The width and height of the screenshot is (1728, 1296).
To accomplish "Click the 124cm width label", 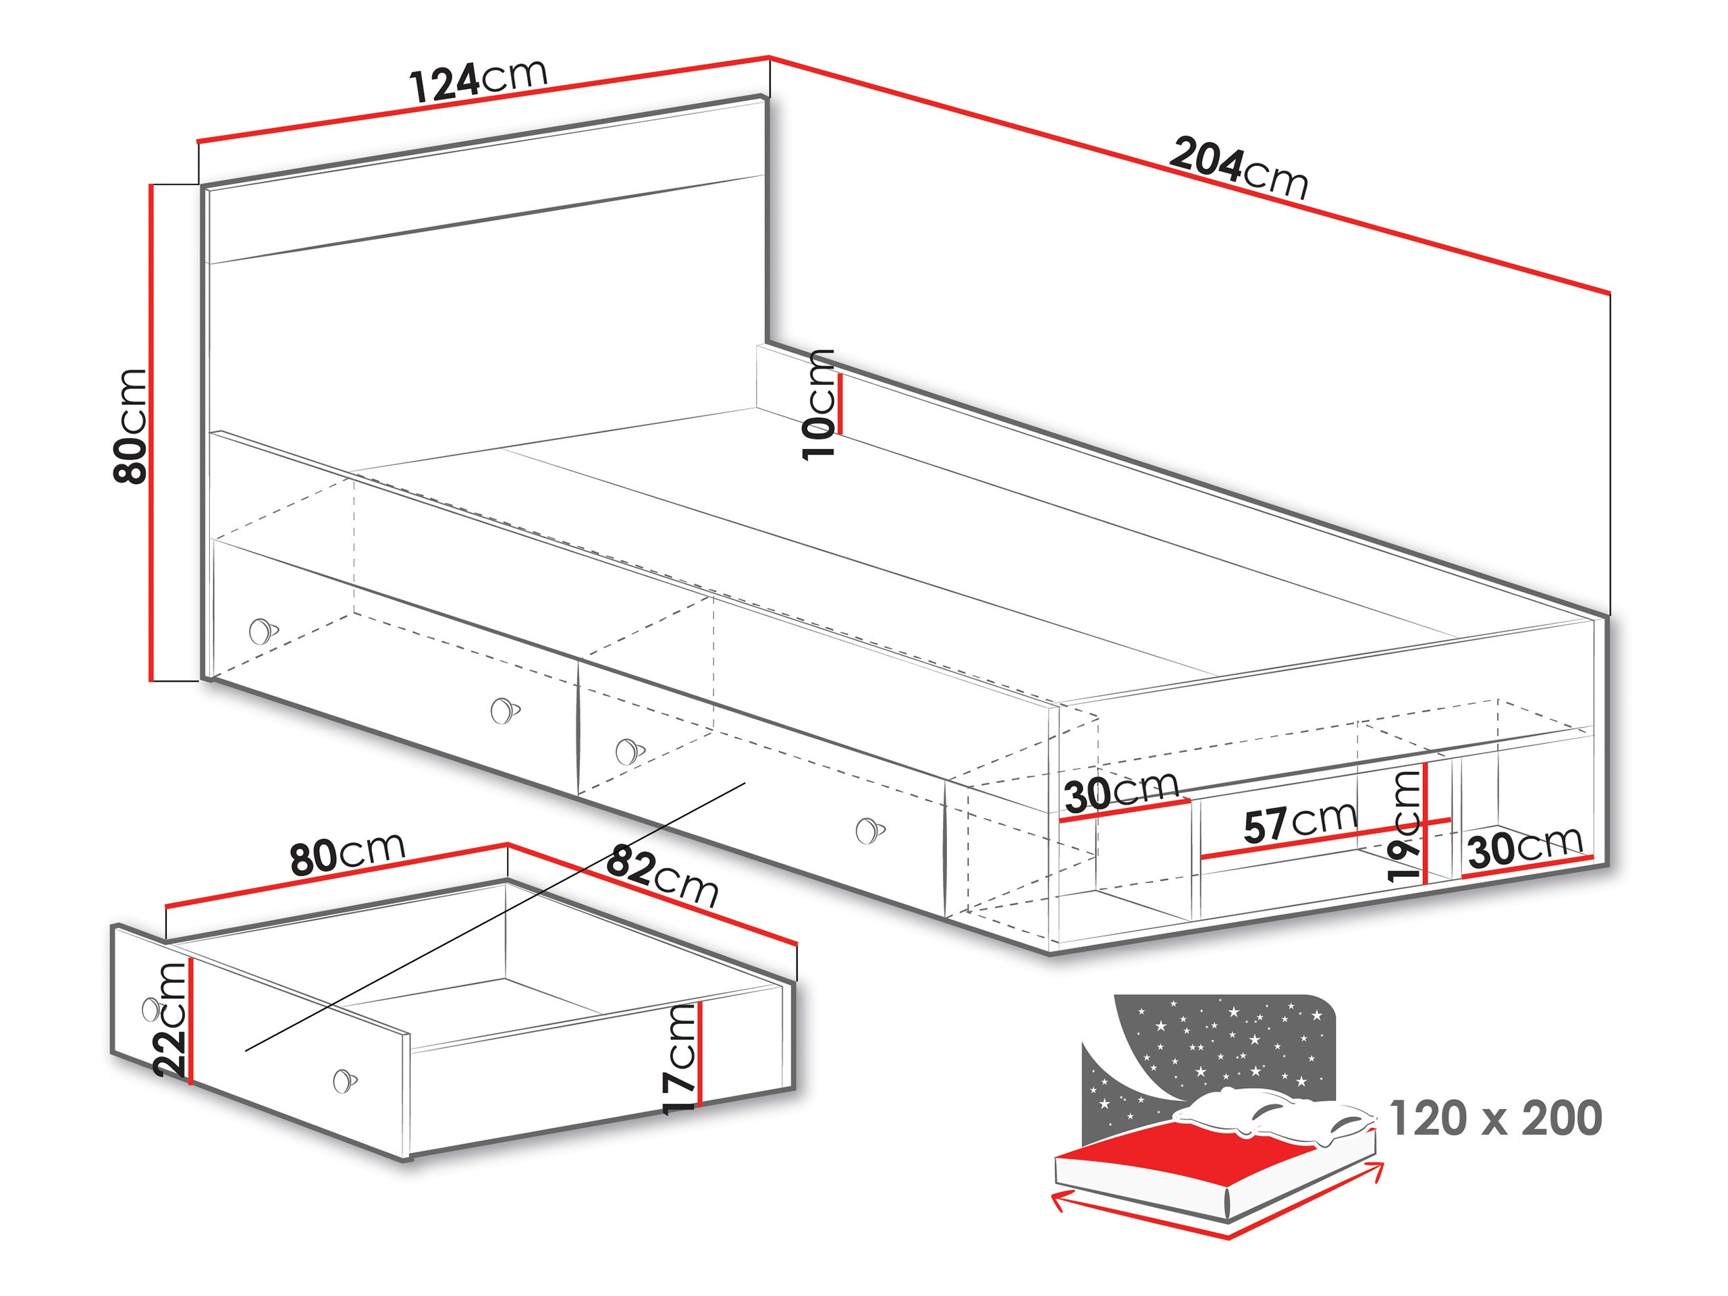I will coord(478,80).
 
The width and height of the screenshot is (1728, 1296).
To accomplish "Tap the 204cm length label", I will coord(1237,168).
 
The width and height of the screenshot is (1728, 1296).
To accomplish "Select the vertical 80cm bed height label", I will coord(130,426).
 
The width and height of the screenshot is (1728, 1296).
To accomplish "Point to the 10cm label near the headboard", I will coord(819,404).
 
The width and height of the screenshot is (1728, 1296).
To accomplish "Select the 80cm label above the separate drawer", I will coord(348,853).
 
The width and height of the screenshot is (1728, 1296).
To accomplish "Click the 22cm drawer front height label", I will coord(170,1019).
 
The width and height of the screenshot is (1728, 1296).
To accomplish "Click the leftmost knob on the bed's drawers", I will coord(263,630).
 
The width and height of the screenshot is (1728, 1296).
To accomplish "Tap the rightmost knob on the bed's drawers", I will coord(869,830).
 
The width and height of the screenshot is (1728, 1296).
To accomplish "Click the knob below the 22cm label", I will coord(344,1081).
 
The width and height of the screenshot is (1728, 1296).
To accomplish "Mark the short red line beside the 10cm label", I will coord(840,404).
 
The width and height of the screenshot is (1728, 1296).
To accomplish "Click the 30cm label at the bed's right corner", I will coord(1525,847).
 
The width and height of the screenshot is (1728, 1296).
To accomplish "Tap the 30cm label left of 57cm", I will coord(1121,792).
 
